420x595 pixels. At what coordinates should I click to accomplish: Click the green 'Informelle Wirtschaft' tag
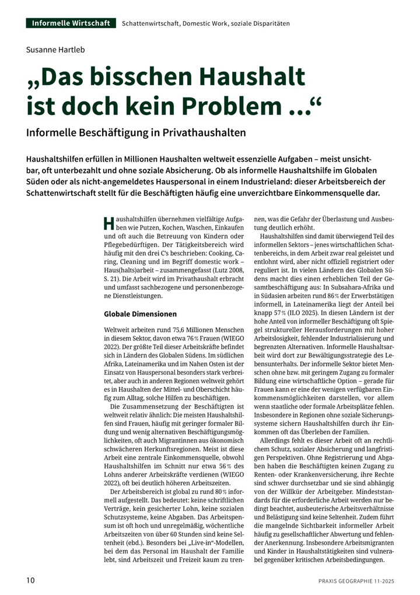tap(71, 23)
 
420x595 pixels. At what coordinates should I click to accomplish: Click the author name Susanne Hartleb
tap(55, 50)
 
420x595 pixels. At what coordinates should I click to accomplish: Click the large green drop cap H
tap(108, 223)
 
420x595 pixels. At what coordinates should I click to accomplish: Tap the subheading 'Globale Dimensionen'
tap(140, 314)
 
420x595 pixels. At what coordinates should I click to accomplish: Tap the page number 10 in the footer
tap(30, 580)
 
